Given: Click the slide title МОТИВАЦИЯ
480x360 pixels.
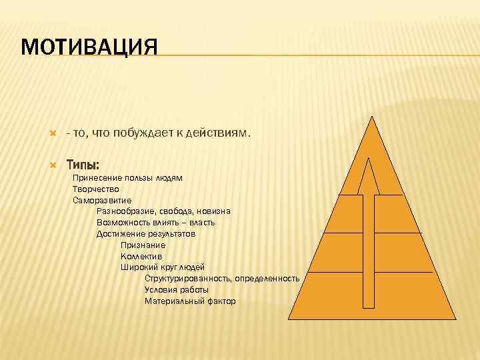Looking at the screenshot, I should (x=89, y=49).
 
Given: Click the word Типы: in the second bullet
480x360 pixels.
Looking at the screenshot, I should (x=83, y=165).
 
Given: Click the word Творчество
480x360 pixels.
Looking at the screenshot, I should (x=95, y=189).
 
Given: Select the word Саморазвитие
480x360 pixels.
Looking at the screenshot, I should (x=102, y=200).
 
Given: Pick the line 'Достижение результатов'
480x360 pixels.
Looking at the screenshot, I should (x=146, y=234).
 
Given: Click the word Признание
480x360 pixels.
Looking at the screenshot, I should (x=143, y=245).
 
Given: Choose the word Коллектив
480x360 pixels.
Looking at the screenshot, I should (x=141, y=256).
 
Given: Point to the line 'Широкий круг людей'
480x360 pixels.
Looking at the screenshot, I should (x=163, y=267).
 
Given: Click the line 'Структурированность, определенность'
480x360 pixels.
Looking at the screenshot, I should (x=221, y=279).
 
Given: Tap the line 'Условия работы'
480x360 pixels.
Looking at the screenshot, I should (x=177, y=290).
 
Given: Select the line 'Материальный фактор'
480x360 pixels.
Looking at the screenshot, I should (x=190, y=301).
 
